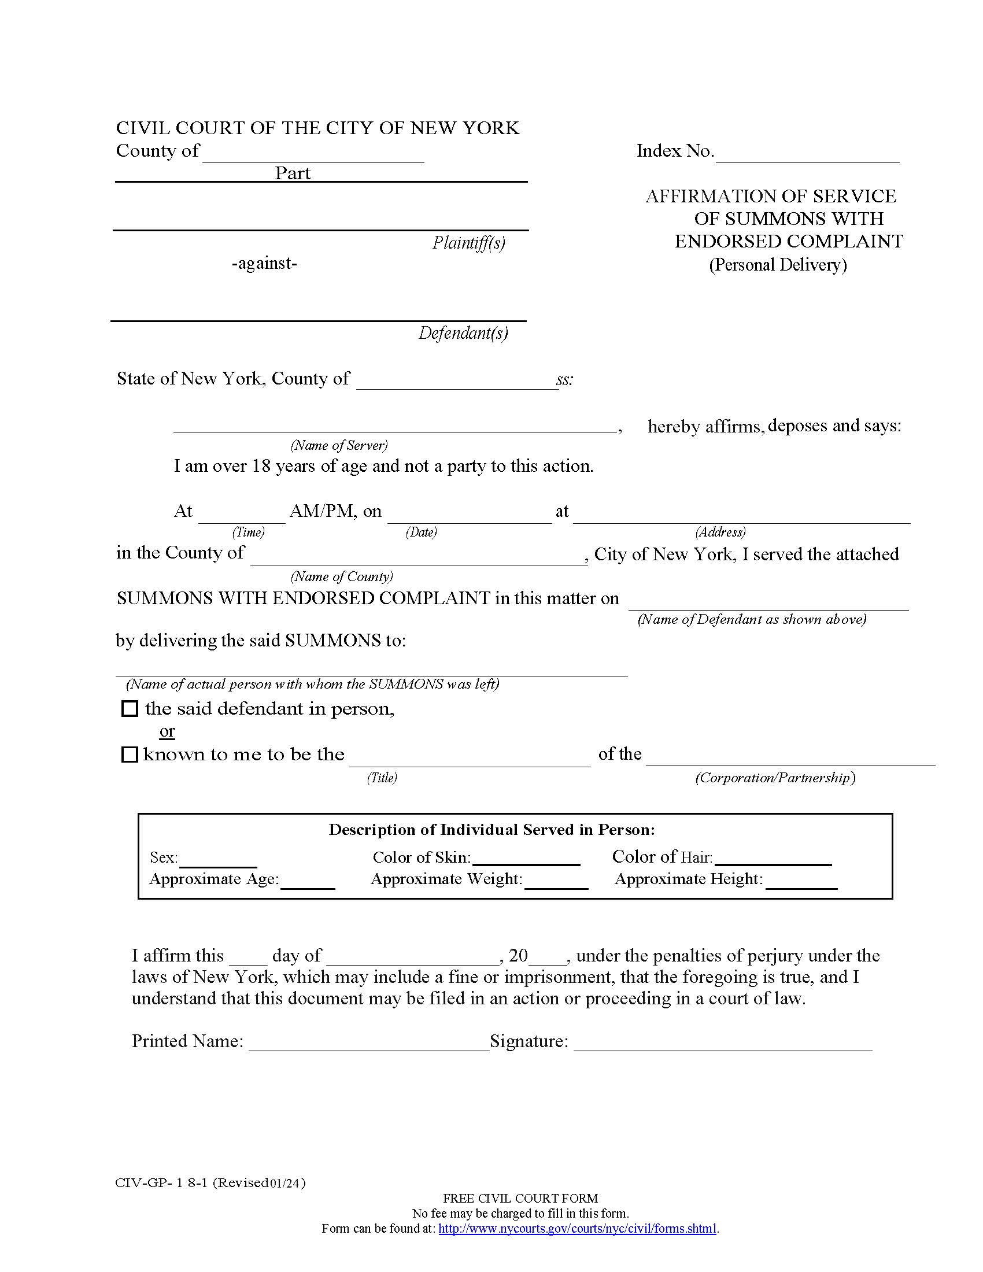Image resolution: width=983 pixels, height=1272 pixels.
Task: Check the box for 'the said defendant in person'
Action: click(x=129, y=709)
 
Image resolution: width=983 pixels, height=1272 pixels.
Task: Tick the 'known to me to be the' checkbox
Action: click(x=129, y=755)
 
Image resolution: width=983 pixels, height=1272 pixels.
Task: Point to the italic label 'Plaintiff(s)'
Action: click(x=468, y=242)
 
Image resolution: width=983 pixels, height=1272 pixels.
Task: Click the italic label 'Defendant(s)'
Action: click(x=463, y=333)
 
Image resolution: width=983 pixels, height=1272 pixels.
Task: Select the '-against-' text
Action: click(x=264, y=264)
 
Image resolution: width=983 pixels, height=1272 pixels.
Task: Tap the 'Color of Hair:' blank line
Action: click(x=773, y=859)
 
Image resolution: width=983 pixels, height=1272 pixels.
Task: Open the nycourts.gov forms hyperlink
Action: click(x=577, y=1229)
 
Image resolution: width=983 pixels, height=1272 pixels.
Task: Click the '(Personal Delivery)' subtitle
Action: click(x=777, y=265)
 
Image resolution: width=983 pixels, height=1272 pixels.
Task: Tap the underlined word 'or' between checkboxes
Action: click(x=167, y=731)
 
